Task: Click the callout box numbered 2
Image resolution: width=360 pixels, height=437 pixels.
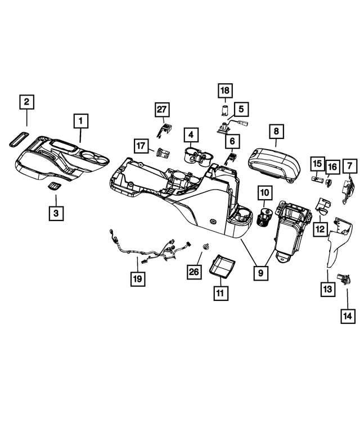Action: point(27,102)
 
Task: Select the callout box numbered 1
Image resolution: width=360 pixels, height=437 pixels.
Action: point(81,120)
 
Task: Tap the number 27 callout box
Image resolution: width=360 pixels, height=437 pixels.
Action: point(163,109)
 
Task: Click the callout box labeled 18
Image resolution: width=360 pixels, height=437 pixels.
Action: point(225,91)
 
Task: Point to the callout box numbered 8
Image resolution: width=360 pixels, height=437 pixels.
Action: point(276,131)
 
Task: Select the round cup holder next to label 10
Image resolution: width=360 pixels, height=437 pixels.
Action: point(264,217)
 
